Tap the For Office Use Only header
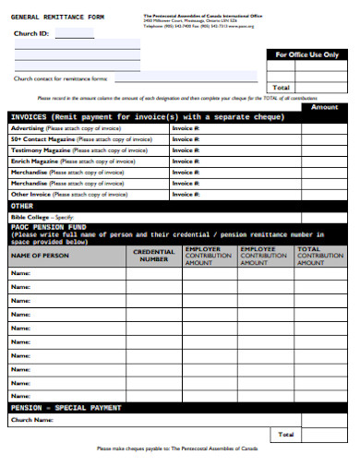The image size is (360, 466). pyautogui.click(x=307, y=55)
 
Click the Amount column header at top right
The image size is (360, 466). pyautogui.click(x=324, y=107)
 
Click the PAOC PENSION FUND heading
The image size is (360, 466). pyautogui.click(x=48, y=227)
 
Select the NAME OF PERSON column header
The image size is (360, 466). pyautogui.click(x=40, y=254)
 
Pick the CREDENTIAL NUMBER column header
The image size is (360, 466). pyautogui.click(x=154, y=256)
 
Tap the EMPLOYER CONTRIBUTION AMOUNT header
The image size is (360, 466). pyautogui.click(x=208, y=256)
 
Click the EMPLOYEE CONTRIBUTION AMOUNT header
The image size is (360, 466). pyautogui.click(x=263, y=256)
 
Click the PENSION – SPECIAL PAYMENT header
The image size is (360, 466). pyautogui.click(x=66, y=407)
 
